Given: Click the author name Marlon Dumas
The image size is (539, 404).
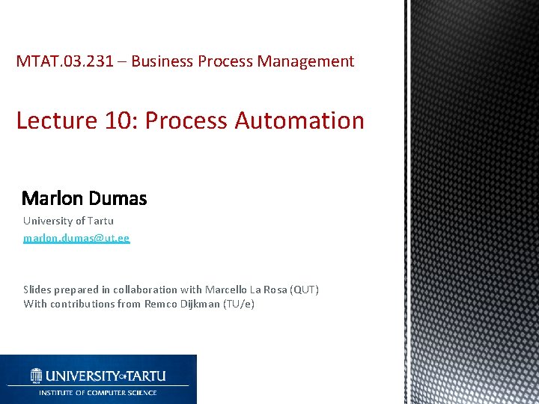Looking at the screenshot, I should coord(85,198).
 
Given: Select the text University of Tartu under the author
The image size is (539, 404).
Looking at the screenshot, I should coord(68,221).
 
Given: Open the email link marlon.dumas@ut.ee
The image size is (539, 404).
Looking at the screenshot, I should coord(76,238).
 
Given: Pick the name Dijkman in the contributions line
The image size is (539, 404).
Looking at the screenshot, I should coord(200,304).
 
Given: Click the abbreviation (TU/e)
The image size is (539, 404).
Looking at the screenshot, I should coord(239,304).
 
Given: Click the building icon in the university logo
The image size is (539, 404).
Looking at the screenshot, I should coord(37,375).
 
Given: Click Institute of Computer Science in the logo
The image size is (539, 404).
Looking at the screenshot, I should coord(98,392).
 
